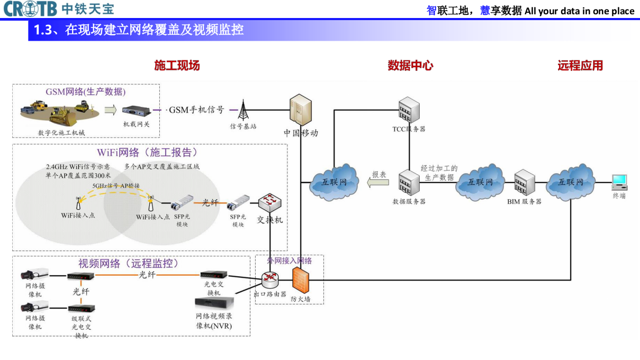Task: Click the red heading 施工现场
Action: (x=177, y=66)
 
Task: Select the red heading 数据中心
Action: (x=410, y=66)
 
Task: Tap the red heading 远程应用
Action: (x=580, y=66)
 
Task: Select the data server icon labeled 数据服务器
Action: (x=409, y=183)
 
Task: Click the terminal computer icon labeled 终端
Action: (x=619, y=182)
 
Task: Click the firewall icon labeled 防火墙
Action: (x=300, y=280)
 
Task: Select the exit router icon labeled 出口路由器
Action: (x=270, y=279)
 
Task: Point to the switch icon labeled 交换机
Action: (x=270, y=202)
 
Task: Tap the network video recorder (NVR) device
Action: (x=214, y=303)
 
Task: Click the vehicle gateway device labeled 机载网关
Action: (x=136, y=111)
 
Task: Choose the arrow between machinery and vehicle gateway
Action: (x=110, y=110)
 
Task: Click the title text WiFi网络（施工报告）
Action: (x=148, y=152)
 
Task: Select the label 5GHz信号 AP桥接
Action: (x=116, y=186)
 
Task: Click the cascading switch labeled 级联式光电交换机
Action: (x=81, y=308)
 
